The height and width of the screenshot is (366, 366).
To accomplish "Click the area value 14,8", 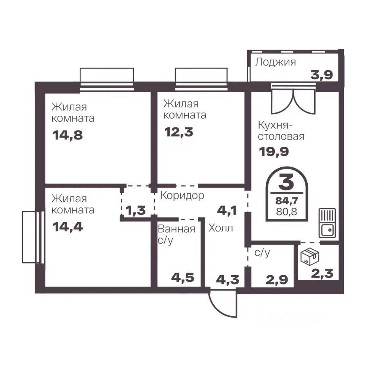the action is (x=68, y=135).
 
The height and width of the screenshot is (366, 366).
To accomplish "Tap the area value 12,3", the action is (x=179, y=132).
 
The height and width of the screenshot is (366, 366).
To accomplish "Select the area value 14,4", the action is (x=68, y=227).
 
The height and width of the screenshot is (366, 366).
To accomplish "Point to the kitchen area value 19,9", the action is (x=274, y=152).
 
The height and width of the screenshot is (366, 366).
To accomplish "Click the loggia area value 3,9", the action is (x=321, y=75).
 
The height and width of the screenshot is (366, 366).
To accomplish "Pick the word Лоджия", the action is (x=275, y=62).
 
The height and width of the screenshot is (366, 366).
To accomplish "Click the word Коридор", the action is (x=182, y=196).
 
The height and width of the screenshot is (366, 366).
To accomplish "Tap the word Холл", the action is (x=221, y=228).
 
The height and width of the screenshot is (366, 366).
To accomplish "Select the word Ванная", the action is (x=177, y=229).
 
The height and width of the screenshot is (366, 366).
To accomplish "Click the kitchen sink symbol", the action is (x=327, y=223).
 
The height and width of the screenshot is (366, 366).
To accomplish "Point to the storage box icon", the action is (x=310, y=257).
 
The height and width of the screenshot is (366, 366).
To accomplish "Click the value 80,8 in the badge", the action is (x=286, y=212).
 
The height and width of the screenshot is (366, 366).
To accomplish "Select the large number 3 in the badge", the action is (x=286, y=182).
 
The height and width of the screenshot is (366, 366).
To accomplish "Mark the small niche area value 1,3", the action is (x=136, y=210).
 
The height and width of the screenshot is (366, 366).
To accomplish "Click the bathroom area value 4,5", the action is (x=183, y=278).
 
